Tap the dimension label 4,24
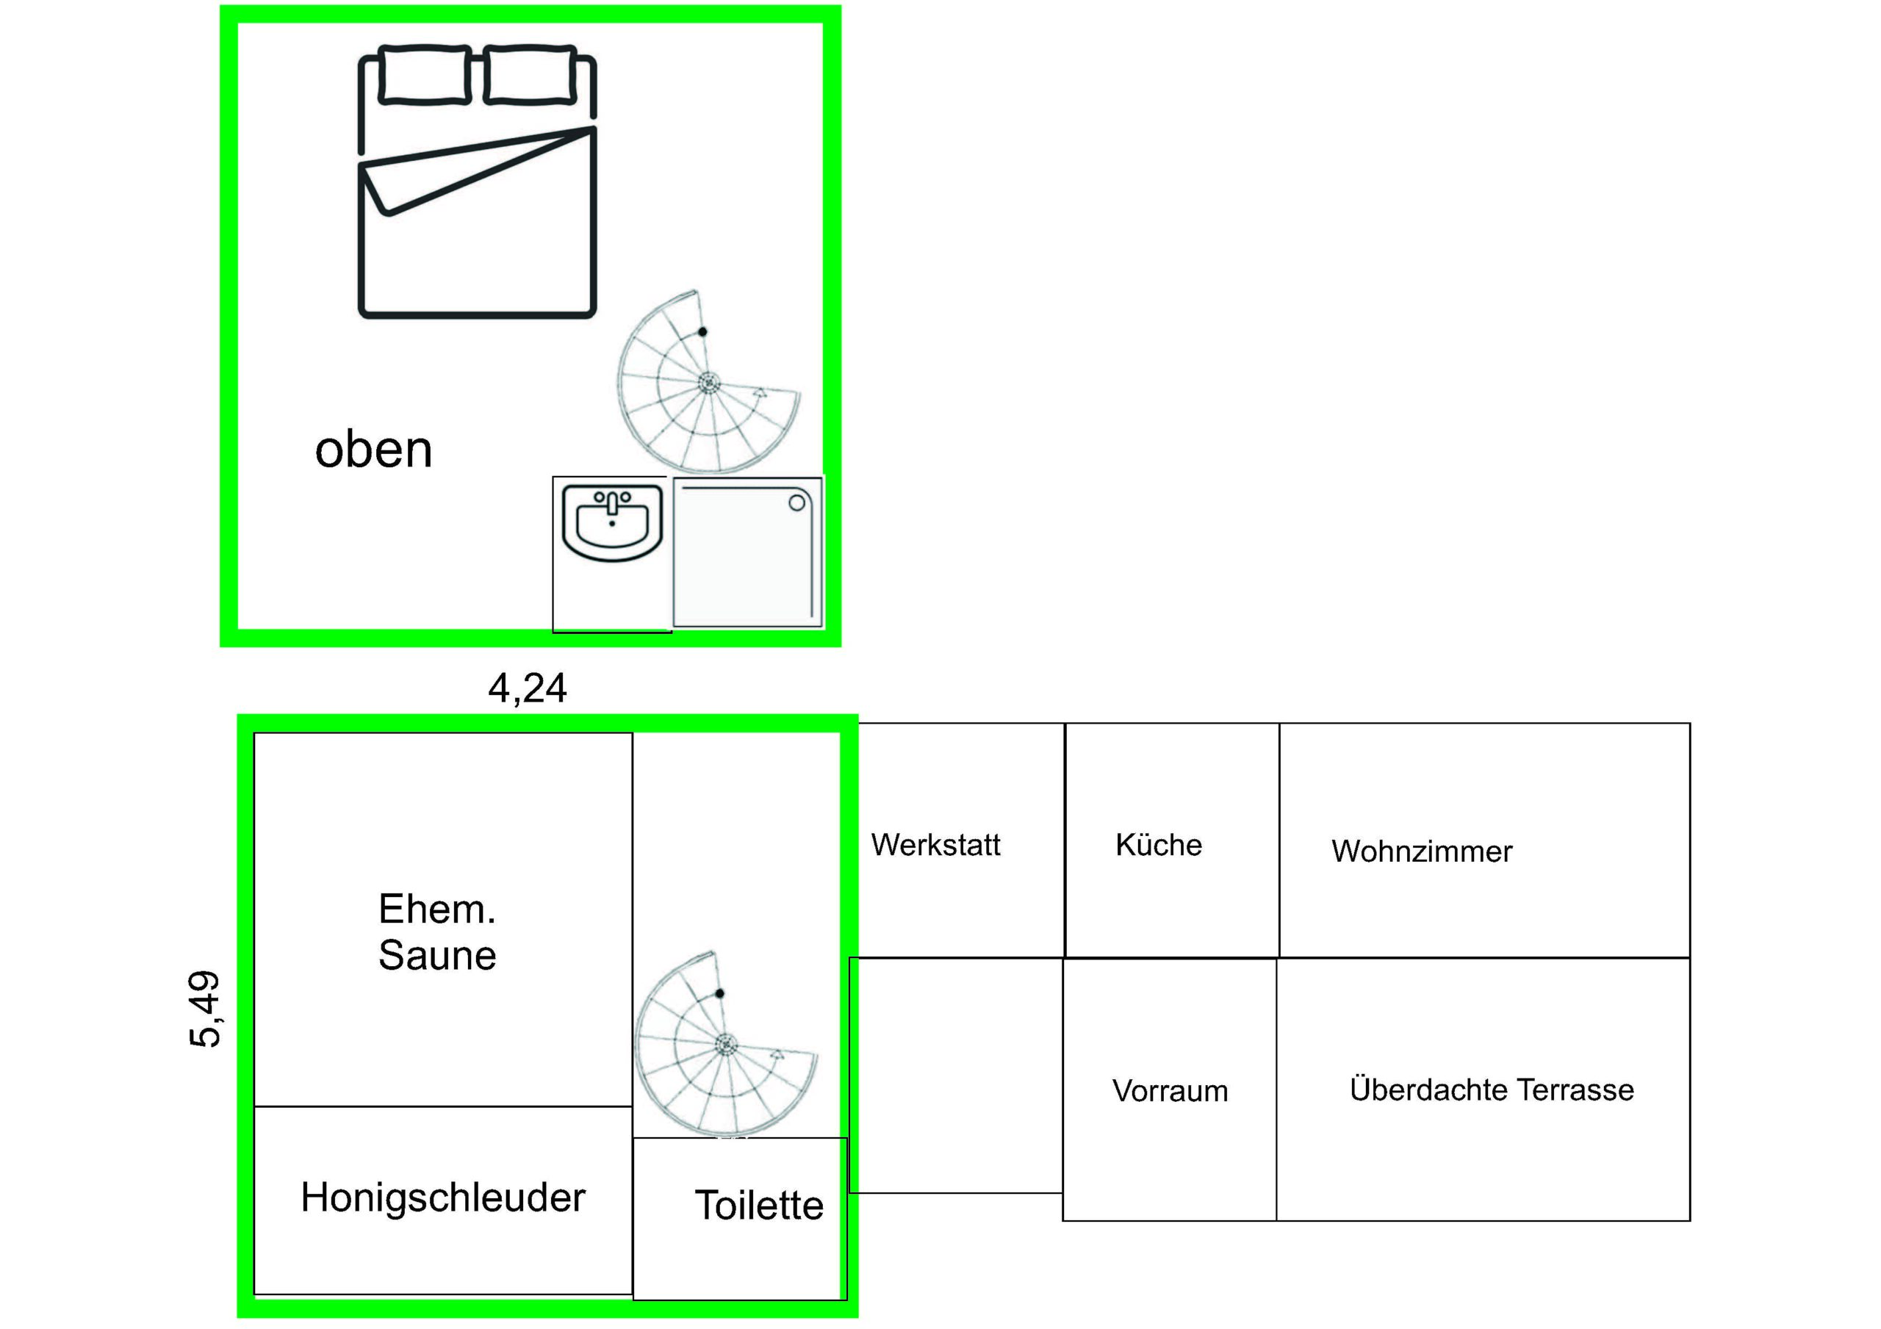[528, 688]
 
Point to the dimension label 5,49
[205, 1009]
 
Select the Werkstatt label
[935, 845]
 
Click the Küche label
[1159, 844]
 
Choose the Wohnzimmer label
[1421, 851]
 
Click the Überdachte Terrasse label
[1492, 1089]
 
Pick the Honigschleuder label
[443, 1198]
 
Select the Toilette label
[758, 1206]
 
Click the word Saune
[437, 955]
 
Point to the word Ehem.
[437, 909]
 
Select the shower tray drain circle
[796, 503]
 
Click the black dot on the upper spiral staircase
[702, 332]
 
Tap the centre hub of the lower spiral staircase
[726, 1044]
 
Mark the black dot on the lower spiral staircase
[719, 994]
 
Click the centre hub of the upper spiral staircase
[708, 382]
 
